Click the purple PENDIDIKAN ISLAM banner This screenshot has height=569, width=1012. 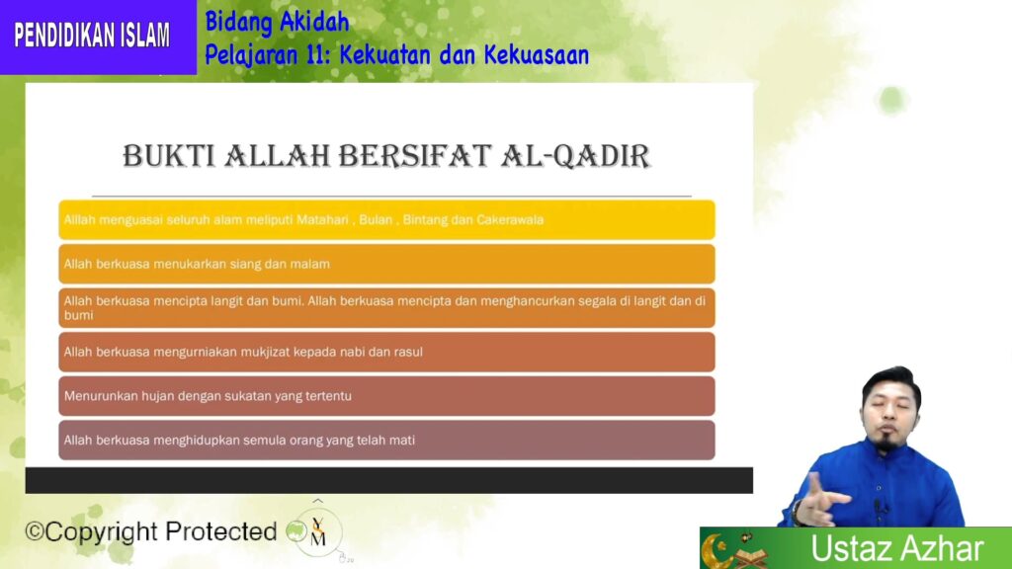coord(98,37)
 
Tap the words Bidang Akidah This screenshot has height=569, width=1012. coord(277,23)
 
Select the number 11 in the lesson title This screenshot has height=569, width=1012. coord(314,55)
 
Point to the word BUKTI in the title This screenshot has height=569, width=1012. coord(169,156)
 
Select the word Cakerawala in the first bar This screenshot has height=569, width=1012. coord(510,220)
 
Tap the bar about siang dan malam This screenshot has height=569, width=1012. coord(386,264)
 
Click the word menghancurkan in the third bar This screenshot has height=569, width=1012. coord(528,301)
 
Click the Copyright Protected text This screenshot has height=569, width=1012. coord(151,531)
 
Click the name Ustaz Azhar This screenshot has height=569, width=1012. coord(897,548)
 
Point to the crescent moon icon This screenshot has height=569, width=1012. coord(717,550)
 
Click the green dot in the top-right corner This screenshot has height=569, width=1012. coord(892,100)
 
